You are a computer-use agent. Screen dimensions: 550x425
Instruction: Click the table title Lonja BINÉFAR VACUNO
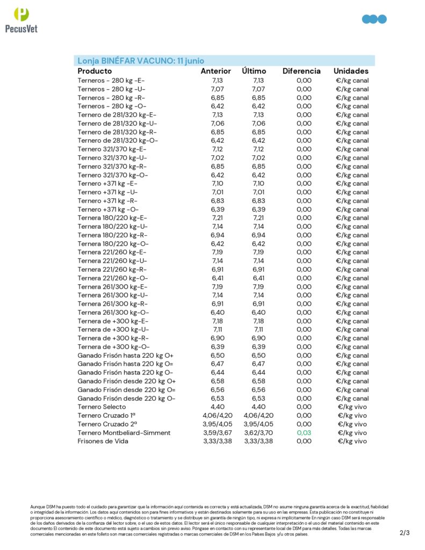tap(141, 61)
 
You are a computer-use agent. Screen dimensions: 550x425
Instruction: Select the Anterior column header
tap(216, 71)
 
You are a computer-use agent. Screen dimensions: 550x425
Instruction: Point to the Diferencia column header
tap(301, 71)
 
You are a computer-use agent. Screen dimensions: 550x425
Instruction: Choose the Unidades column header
tap(351, 71)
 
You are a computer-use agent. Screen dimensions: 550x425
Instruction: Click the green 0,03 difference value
tap(304, 432)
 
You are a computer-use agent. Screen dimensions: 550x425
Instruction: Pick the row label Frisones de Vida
tap(103, 441)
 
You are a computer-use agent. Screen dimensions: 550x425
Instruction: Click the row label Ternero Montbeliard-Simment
tap(124, 432)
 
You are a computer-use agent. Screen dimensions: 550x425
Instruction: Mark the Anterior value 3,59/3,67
tap(217, 432)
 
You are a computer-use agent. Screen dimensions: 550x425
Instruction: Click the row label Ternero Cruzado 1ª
tap(106, 415)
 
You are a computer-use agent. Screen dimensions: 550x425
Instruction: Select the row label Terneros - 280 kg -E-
tap(111, 81)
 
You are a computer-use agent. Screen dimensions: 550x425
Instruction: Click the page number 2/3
tap(405, 533)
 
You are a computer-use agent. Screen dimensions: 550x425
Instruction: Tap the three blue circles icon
tap(374, 19)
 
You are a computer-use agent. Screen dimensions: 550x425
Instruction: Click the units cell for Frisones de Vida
tap(352, 441)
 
